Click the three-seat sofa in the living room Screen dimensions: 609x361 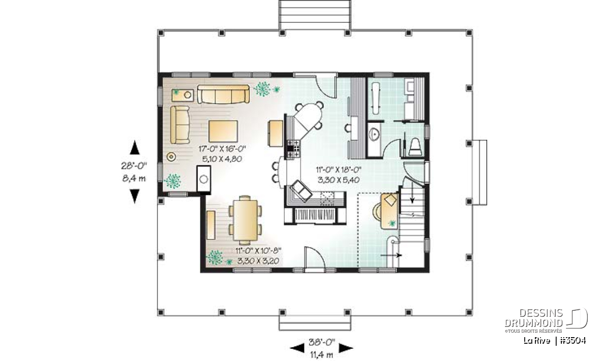click(223, 94)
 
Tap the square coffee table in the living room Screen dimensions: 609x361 click(223, 131)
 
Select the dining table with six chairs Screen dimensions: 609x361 click(245, 220)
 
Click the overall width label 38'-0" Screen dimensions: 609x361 click(322, 342)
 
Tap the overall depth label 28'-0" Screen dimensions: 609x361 click(134, 166)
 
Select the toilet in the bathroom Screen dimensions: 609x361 click(415, 147)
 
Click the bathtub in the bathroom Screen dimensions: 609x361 click(376, 99)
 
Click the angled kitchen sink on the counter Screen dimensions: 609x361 click(301, 191)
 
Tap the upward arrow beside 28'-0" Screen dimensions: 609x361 click(134, 148)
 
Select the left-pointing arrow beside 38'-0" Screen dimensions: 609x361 click(297, 348)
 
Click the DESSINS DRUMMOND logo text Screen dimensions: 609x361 click(533, 318)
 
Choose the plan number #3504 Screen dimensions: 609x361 click(573, 341)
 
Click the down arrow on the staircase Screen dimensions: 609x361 click(412, 193)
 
